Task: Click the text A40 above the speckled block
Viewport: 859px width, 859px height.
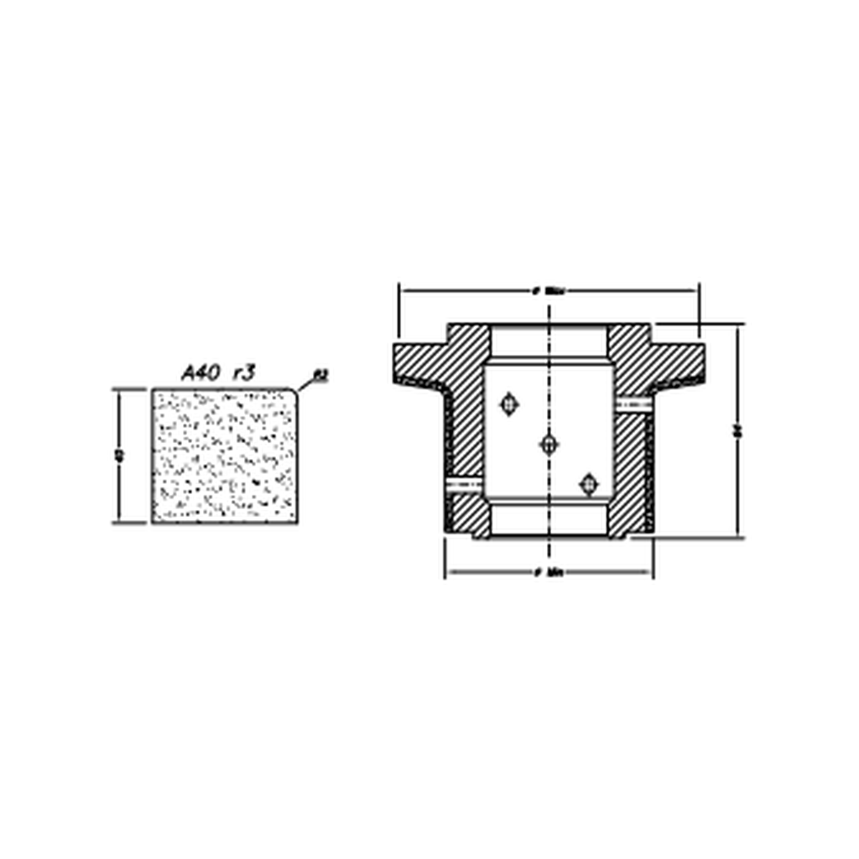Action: pos(201,373)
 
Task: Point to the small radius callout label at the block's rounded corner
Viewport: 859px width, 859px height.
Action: pos(320,375)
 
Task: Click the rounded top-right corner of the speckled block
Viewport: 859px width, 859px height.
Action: pos(294,391)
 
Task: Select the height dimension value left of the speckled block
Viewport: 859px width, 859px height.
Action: pos(119,456)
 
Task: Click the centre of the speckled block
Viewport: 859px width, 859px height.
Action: pos(225,456)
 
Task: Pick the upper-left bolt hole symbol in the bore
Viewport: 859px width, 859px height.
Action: pos(509,404)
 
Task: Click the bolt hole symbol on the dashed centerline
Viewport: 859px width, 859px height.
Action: pos(549,445)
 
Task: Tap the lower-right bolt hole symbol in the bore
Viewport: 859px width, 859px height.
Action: pos(589,484)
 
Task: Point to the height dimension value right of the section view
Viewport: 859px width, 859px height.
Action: pos(737,431)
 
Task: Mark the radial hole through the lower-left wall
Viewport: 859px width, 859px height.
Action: pos(465,484)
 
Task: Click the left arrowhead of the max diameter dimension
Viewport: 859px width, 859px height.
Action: pos(403,291)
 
